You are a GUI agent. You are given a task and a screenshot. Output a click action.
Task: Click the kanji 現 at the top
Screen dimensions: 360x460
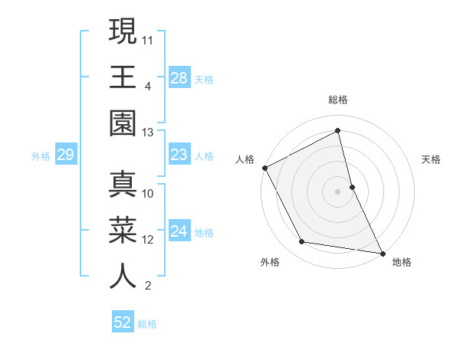point(123,32)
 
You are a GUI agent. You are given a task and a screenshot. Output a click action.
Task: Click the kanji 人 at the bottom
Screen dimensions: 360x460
point(123,276)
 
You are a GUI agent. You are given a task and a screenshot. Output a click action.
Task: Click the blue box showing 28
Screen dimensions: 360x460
point(179,77)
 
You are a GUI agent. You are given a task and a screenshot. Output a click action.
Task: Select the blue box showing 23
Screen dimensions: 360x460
point(179,155)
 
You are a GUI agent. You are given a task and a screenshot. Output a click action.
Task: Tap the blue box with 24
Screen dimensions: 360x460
point(179,231)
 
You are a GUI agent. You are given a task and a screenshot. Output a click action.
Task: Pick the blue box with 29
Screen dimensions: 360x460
point(65,155)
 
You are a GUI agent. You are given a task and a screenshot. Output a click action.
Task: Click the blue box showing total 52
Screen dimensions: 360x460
point(123,322)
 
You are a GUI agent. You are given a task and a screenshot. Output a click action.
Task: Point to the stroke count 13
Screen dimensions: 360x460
point(148,133)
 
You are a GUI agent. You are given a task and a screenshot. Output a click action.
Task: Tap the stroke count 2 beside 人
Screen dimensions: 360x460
point(147,286)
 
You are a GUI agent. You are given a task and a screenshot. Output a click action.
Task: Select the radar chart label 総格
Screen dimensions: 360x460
point(338,100)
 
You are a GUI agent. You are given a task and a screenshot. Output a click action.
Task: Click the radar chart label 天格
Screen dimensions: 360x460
point(432,159)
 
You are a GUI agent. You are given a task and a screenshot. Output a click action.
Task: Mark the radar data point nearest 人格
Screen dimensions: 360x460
point(264,168)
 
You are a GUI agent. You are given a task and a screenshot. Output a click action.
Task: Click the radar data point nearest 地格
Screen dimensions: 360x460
point(382,252)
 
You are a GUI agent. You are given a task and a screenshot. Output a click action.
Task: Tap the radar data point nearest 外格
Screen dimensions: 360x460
point(302,242)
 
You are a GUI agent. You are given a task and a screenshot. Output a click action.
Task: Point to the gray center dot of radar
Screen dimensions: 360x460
point(338,191)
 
